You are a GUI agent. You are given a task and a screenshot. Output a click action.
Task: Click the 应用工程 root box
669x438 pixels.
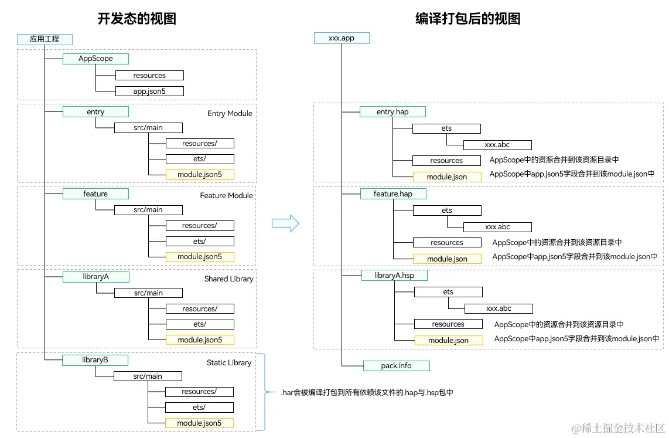tap(45, 39)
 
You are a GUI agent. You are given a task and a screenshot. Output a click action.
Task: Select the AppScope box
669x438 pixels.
tap(95, 59)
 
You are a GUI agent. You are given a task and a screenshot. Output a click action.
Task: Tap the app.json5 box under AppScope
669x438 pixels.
tap(149, 91)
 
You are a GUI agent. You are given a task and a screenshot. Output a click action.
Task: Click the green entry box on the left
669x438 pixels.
tap(95, 112)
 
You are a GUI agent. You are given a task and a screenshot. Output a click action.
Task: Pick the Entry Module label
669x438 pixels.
tap(230, 113)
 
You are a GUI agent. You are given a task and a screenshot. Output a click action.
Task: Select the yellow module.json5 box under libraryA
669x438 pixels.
tap(200, 339)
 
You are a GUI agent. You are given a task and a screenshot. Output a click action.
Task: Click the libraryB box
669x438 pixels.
tap(95, 360)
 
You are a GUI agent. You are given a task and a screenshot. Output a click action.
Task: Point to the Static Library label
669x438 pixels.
tap(228, 363)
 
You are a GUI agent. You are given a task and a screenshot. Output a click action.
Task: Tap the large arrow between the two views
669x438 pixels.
tap(285, 223)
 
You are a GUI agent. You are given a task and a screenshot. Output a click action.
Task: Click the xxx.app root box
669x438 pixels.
tap(342, 38)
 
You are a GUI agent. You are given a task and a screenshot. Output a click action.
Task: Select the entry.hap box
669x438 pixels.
tap(392, 111)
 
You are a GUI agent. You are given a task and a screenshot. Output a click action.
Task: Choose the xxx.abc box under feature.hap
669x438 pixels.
tap(497, 227)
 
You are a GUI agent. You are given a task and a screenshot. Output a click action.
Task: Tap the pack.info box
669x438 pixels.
tap(397, 365)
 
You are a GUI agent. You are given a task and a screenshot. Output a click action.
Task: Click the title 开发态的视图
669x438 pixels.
tap(136, 18)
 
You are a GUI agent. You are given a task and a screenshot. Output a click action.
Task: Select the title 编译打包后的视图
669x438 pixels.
tap(467, 18)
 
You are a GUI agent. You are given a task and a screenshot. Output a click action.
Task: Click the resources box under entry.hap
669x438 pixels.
tap(446, 160)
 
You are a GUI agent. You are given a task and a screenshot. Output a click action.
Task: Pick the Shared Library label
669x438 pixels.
tap(228, 279)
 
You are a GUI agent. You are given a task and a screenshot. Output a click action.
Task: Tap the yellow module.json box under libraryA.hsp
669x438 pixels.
tap(449, 340)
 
